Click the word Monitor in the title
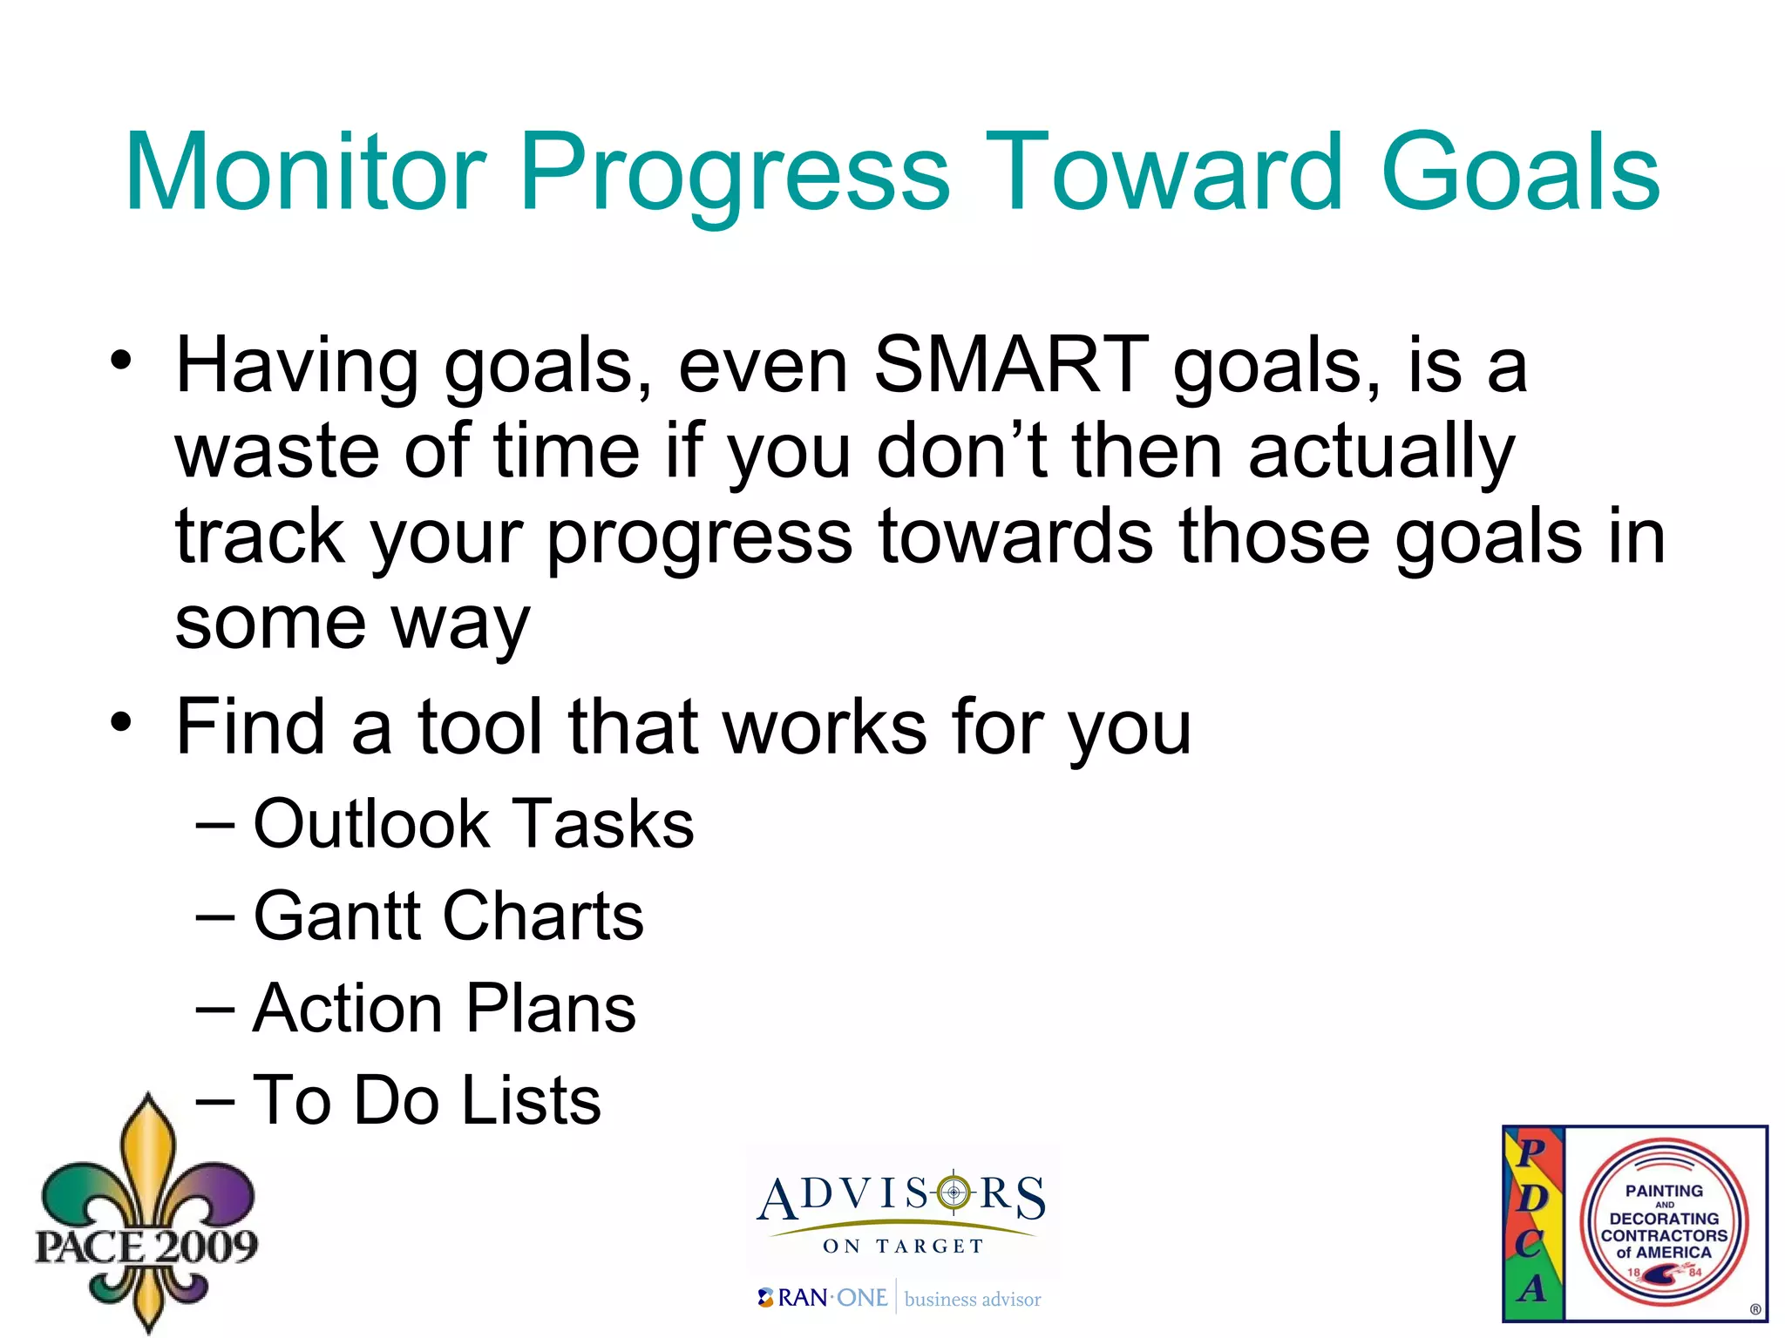pyautogui.click(x=305, y=172)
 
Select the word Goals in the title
pyautogui.click(x=1520, y=172)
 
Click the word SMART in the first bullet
pyautogui.click(x=1011, y=366)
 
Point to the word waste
pyautogui.click(x=277, y=451)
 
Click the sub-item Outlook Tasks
pyautogui.click(x=473, y=823)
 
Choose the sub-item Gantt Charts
pyautogui.click(x=448, y=916)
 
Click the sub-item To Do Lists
pyautogui.click(x=427, y=1100)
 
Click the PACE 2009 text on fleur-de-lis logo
pyautogui.click(x=146, y=1246)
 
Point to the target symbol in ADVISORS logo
pyautogui.click(x=954, y=1192)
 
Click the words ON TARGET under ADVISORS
pyautogui.click(x=903, y=1246)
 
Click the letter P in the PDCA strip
pyautogui.click(x=1531, y=1152)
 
